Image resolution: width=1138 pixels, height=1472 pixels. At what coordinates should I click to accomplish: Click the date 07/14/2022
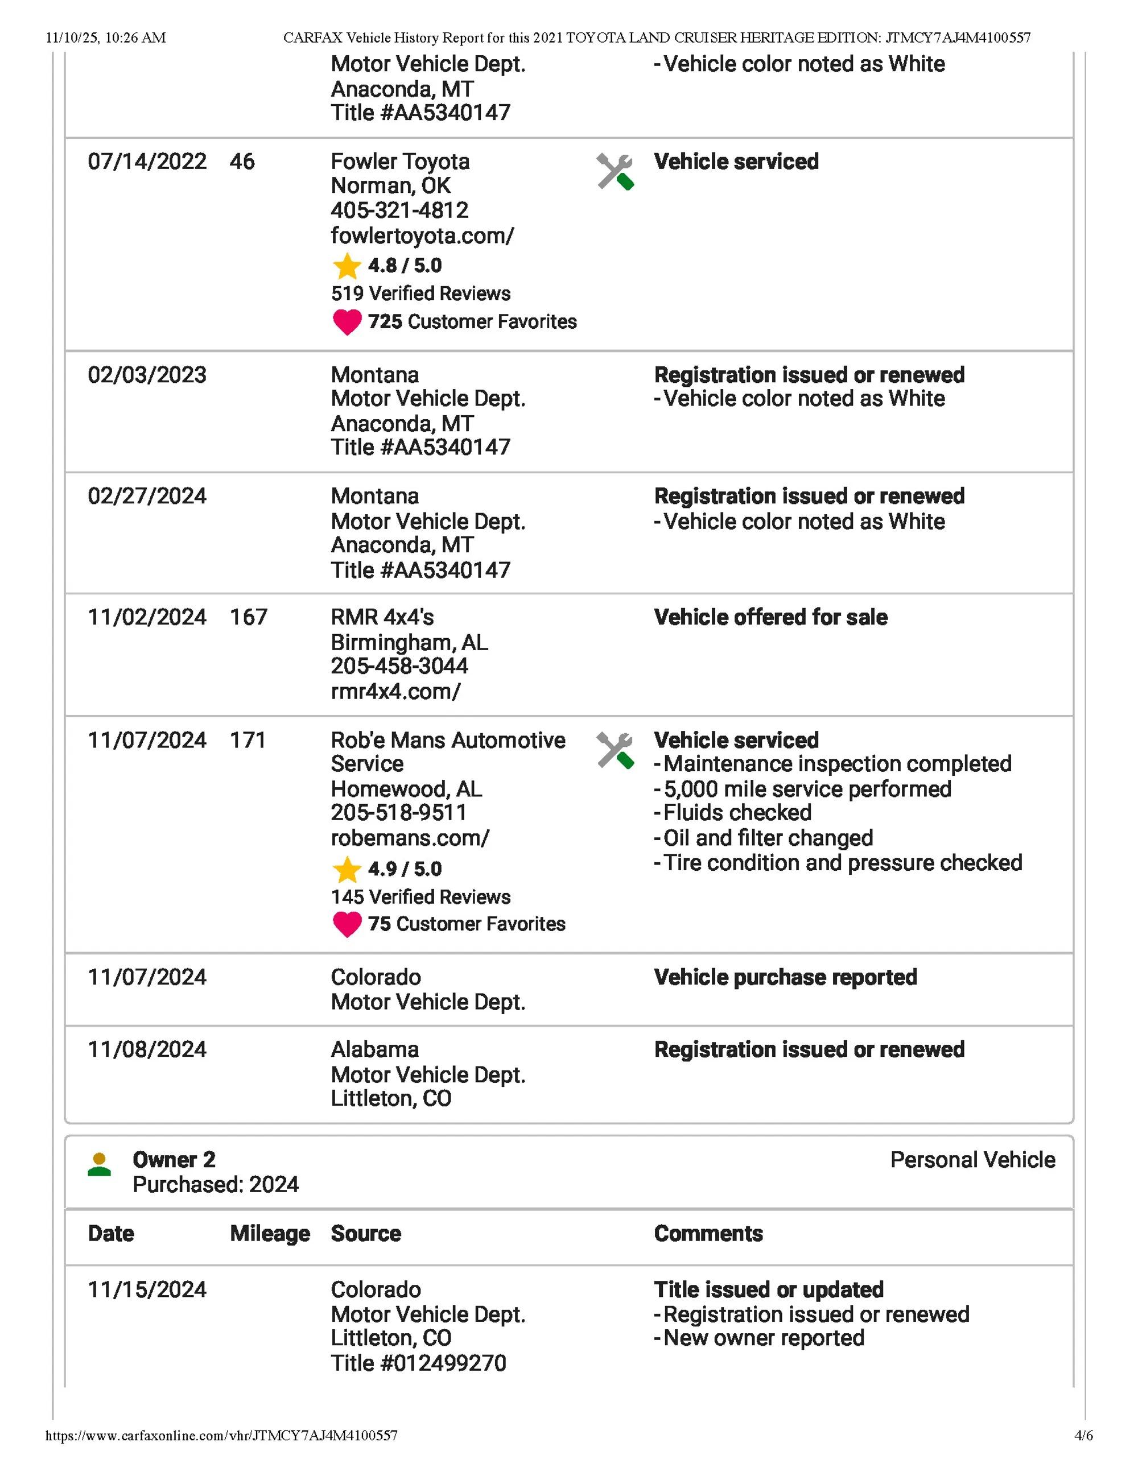(147, 162)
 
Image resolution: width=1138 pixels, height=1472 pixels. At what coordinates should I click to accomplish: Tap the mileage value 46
(242, 162)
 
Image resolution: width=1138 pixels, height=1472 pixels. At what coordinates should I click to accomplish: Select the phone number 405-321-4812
(399, 210)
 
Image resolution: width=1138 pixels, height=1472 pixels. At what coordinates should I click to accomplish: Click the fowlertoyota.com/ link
(422, 236)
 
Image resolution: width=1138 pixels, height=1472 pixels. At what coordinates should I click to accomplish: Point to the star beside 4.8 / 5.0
(347, 266)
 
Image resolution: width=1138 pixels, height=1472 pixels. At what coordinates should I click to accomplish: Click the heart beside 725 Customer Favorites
(347, 322)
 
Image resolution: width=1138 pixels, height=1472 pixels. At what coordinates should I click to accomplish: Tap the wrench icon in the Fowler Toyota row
(614, 172)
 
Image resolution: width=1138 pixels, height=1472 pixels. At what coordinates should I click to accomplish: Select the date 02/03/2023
(147, 375)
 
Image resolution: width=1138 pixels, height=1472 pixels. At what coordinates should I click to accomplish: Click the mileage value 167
(248, 617)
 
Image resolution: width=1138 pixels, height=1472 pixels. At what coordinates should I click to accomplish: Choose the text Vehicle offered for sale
(770, 617)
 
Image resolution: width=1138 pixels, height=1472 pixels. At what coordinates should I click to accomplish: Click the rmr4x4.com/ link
(395, 692)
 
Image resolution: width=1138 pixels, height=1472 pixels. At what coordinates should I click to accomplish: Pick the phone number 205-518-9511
(398, 813)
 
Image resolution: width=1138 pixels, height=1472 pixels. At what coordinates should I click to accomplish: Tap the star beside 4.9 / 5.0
(347, 870)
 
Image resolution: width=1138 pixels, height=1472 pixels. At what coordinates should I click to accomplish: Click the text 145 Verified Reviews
(420, 897)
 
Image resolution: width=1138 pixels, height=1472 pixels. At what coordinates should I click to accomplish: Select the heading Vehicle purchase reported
(785, 977)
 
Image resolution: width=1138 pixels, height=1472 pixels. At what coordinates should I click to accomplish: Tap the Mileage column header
(270, 1234)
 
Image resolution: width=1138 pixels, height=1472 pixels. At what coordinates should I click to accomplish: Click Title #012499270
(418, 1363)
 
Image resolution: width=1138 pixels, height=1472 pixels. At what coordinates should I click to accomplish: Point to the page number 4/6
(1083, 1454)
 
